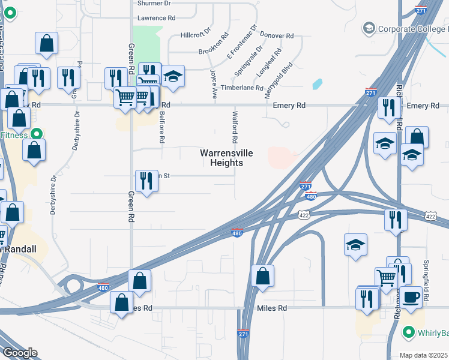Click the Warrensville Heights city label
coord(221,158)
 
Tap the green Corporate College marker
coord(368,28)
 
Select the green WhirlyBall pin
coord(409,332)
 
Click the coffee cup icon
coord(412,297)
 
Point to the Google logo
coord(19,353)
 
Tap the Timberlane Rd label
coord(242,88)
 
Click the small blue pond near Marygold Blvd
coord(317,84)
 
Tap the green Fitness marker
coord(36,134)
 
